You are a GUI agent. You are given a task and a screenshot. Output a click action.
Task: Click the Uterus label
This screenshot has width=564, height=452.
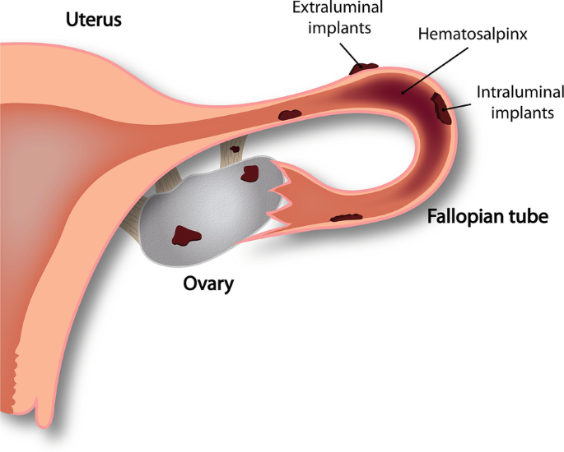[x=93, y=19]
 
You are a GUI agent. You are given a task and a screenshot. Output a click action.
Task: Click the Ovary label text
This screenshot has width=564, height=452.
[x=207, y=285]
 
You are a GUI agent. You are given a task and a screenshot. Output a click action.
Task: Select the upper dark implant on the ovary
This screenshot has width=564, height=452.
[x=249, y=173]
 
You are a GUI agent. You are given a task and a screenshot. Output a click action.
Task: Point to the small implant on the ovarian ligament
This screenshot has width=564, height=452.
[x=235, y=150]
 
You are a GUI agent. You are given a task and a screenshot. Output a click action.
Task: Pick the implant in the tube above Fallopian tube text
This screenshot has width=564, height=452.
[x=346, y=218]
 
